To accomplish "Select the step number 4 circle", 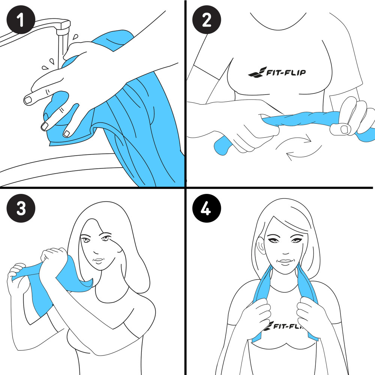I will click(206, 208).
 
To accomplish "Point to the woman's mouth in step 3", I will click(98, 260).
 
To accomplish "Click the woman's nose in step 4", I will click(285, 251).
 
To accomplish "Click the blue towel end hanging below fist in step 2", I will click(222, 146).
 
